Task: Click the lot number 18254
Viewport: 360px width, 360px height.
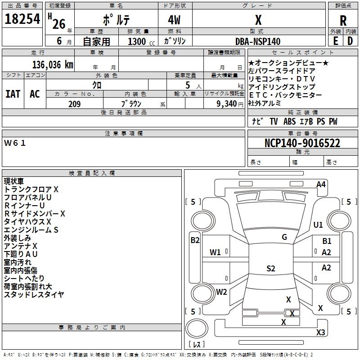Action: [x=22, y=19]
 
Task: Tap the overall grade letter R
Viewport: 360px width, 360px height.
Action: [x=343, y=21]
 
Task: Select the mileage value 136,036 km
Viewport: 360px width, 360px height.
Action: [x=53, y=65]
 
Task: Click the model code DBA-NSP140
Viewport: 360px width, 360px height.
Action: [x=258, y=41]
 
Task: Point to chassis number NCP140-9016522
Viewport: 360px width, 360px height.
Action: [x=302, y=143]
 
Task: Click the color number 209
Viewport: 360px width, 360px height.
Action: [x=74, y=104]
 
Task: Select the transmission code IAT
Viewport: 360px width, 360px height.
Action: [x=13, y=94]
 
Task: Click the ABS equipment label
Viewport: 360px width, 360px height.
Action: [x=289, y=121]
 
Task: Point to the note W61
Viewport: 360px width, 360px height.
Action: [x=15, y=143]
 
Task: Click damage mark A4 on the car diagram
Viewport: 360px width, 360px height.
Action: [x=321, y=184]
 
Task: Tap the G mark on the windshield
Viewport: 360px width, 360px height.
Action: [x=284, y=237]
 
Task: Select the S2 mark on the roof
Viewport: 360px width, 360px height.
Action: [x=271, y=269]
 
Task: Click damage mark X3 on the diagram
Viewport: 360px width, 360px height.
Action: [x=320, y=332]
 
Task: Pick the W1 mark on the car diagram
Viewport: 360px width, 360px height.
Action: [x=215, y=252]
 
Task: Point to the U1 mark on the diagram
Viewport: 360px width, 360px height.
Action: [x=318, y=225]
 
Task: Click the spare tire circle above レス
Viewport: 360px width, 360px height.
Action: [x=197, y=328]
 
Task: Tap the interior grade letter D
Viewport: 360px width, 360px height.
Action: [x=350, y=41]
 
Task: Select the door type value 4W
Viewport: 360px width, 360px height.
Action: [x=174, y=20]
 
